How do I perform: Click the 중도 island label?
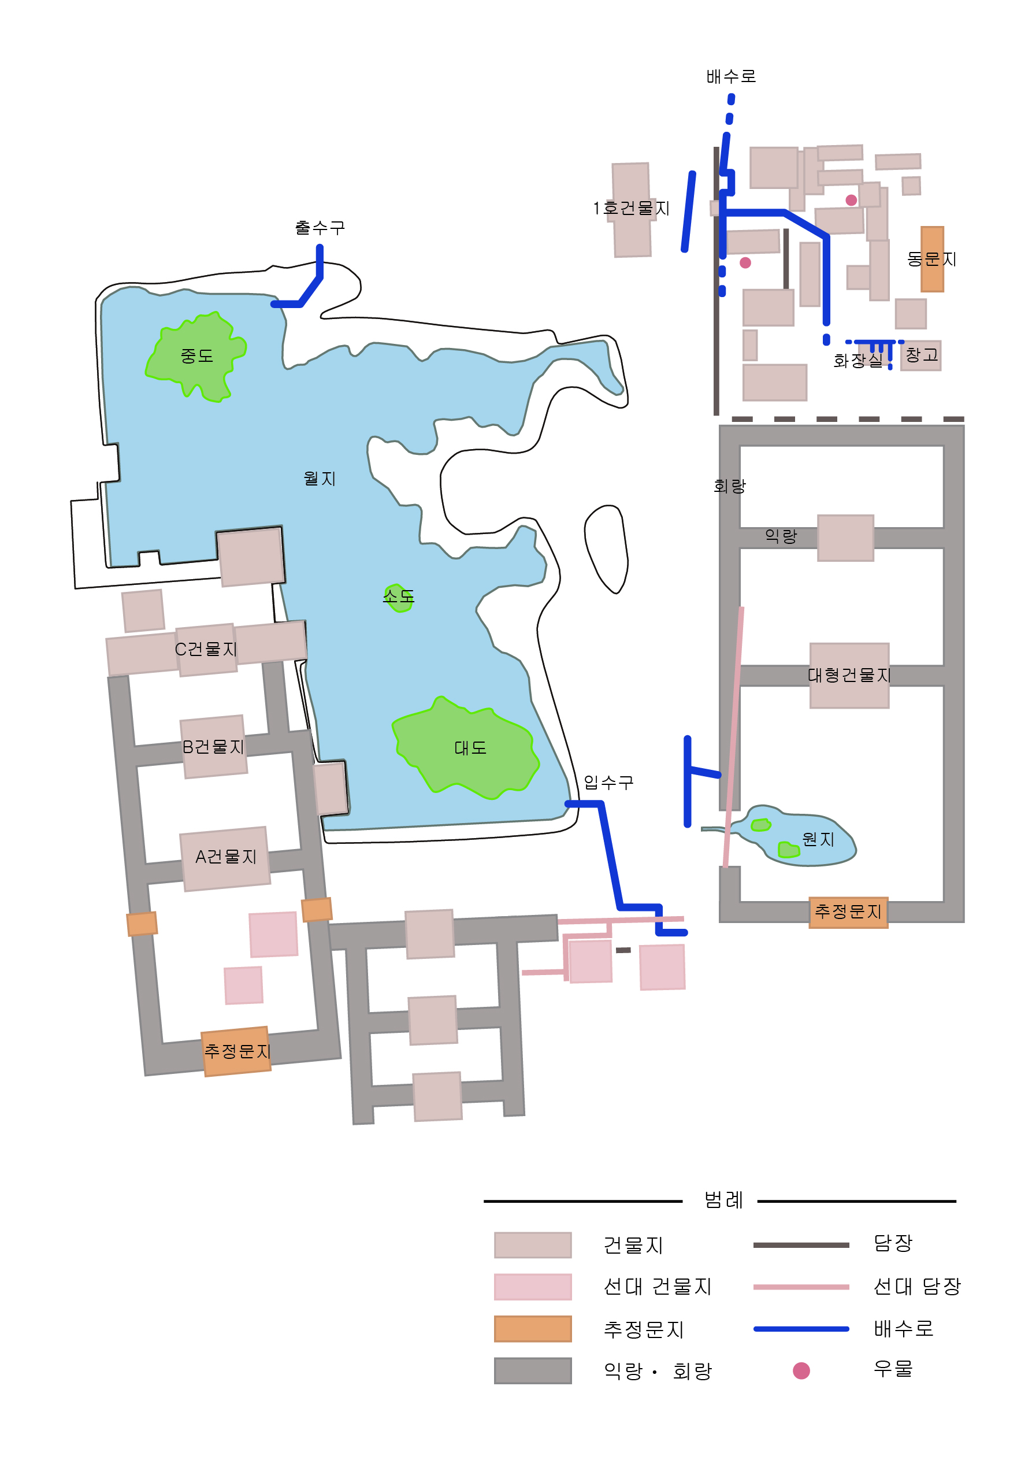pyautogui.click(x=196, y=356)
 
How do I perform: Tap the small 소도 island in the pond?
pyautogui.click(x=399, y=598)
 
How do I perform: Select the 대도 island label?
pyautogui.click(x=470, y=748)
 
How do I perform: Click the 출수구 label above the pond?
pyautogui.click(x=320, y=228)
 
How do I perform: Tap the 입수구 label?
pyautogui.click(x=608, y=782)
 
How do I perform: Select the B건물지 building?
pyautogui.click(x=214, y=747)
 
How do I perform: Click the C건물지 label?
pyautogui.click(x=206, y=649)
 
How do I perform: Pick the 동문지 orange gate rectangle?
pyautogui.click(x=932, y=259)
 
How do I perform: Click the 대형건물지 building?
pyautogui.click(x=849, y=675)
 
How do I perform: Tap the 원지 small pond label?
pyautogui.click(x=818, y=840)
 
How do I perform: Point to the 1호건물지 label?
pyautogui.click(x=632, y=209)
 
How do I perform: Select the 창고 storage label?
pyautogui.click(x=922, y=355)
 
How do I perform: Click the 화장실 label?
pyautogui.click(x=857, y=361)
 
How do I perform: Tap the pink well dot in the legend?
pyautogui.click(x=801, y=1370)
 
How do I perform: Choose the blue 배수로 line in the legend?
pyautogui.click(x=801, y=1328)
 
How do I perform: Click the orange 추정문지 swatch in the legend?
pyautogui.click(x=533, y=1328)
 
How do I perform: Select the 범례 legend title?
pyautogui.click(x=723, y=1200)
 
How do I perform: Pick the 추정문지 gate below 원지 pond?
pyautogui.click(x=848, y=912)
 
